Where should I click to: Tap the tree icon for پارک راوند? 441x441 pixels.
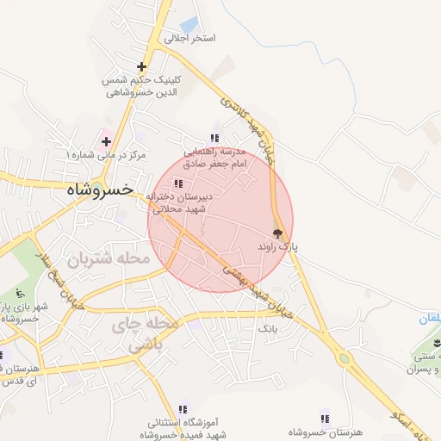pyautogui.click(x=277, y=233)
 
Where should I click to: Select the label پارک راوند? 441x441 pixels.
pyautogui.click(x=277, y=246)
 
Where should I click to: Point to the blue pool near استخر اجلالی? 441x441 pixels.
pyautogui.click(x=190, y=25)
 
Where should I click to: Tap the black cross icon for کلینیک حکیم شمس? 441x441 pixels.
pyautogui.click(x=141, y=66)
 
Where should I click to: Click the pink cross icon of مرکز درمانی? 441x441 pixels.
pyautogui.click(x=106, y=140)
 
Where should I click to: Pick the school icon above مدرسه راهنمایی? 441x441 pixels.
pyautogui.click(x=214, y=138)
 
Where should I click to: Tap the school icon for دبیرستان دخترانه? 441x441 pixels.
pyautogui.click(x=178, y=183)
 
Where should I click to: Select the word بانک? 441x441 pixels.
pyautogui.click(x=269, y=329)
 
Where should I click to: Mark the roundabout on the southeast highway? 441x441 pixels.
pyautogui.click(x=345, y=358)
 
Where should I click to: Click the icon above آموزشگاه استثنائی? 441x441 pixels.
pyautogui.click(x=182, y=409)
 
